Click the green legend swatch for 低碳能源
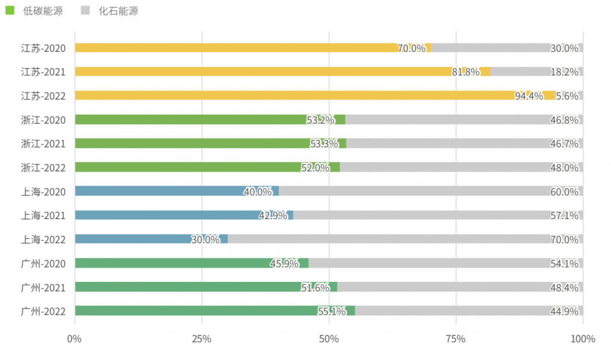(x=10, y=10)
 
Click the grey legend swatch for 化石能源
(x=85, y=10)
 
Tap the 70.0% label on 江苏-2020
(x=412, y=48)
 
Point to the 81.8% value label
(x=465, y=72)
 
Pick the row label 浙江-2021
(x=43, y=143)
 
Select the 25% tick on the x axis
(x=202, y=339)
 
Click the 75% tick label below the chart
(x=456, y=339)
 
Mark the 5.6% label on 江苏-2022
(x=567, y=96)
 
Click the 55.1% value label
(x=332, y=311)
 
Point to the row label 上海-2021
(x=43, y=215)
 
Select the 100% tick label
(x=582, y=339)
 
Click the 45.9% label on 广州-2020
(x=285, y=263)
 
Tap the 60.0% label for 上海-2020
(x=564, y=192)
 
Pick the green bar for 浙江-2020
(x=191, y=119)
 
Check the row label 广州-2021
(x=43, y=287)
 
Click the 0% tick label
(x=75, y=339)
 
